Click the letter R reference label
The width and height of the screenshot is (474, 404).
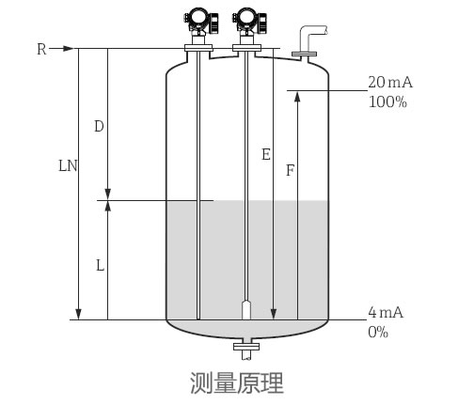pyautogui.click(x=41, y=49)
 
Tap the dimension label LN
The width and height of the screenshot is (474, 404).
pyautogui.click(x=67, y=164)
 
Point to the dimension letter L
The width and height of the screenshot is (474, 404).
pyautogui.click(x=100, y=266)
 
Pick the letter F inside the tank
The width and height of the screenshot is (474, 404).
pyautogui.click(x=289, y=172)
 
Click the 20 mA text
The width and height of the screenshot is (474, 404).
pyautogui.click(x=389, y=83)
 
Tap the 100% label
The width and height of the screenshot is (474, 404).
pyautogui.click(x=387, y=101)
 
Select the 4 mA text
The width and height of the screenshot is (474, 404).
pyautogui.click(x=386, y=312)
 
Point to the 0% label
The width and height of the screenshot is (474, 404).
pyautogui.click(x=378, y=331)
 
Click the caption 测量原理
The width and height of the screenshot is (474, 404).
pyautogui.click(x=236, y=382)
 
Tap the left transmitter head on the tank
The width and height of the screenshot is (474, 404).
pyautogui.click(x=198, y=19)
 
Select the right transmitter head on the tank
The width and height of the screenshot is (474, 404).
pyautogui.click(x=246, y=19)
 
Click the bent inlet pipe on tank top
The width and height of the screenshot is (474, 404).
pyautogui.click(x=306, y=42)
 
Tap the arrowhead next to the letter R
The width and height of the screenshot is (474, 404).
pyautogui.click(x=68, y=49)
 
